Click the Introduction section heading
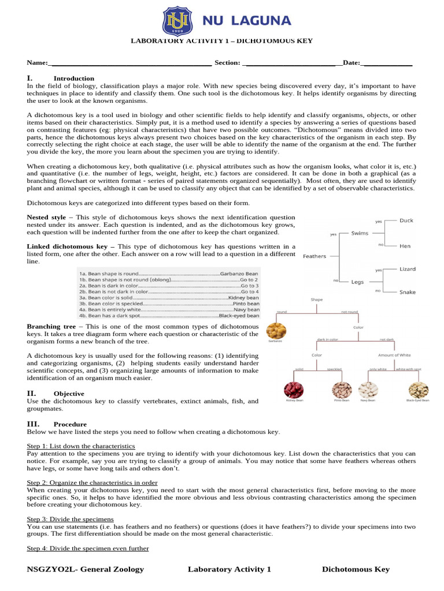(73, 78)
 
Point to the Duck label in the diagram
(406, 220)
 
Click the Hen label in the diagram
(405, 246)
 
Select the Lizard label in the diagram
(408, 269)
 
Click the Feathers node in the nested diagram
(314, 256)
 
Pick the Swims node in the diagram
(360, 233)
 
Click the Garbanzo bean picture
(276, 331)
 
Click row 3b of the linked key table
(169, 303)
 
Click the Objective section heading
(69, 394)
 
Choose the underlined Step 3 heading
(71, 519)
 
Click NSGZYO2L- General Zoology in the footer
(86, 569)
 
